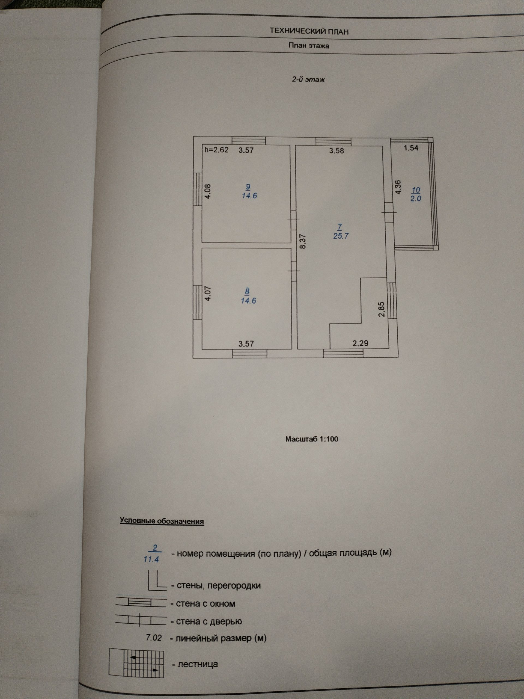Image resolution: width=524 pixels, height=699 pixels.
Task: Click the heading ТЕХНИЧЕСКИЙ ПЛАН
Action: tap(309, 31)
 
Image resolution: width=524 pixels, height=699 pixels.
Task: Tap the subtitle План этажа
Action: tap(309, 46)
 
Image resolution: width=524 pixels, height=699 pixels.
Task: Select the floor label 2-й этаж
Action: tap(308, 80)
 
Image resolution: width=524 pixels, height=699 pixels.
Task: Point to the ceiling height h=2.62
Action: tap(216, 150)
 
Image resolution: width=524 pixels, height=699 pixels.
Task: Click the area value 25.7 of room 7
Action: tap(341, 236)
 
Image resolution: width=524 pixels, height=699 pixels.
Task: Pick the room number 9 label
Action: tap(249, 187)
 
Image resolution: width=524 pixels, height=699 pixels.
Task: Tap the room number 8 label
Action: tap(247, 291)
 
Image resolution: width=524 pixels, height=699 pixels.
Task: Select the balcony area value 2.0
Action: tap(416, 199)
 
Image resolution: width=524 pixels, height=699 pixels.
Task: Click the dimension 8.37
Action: tap(303, 241)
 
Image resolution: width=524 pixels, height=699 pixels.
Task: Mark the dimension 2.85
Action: tap(382, 309)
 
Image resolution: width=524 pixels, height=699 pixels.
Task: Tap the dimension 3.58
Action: tap(337, 151)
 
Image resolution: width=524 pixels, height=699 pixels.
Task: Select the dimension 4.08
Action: tap(207, 191)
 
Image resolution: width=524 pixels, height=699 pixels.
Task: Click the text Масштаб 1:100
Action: tap(312, 439)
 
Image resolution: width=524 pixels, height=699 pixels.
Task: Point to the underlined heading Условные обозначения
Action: tap(162, 521)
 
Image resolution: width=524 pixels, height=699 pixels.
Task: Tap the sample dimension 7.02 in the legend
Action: tap(154, 638)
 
